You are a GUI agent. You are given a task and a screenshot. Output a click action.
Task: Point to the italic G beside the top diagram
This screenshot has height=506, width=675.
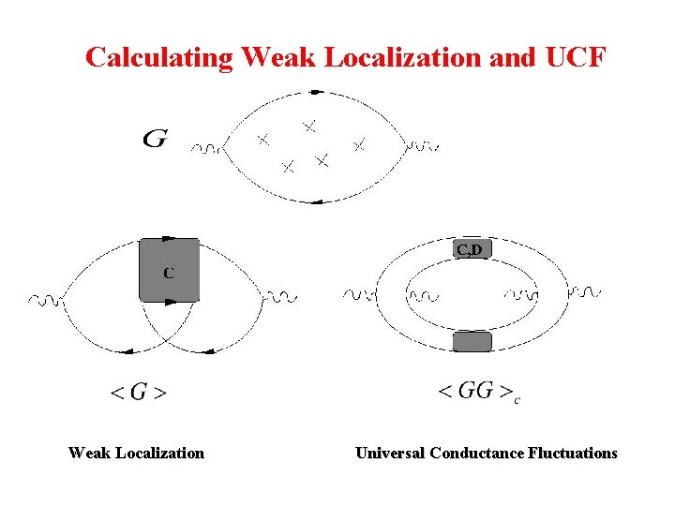click(156, 140)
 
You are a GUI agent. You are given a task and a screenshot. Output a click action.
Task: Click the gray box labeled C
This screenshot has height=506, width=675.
click(169, 270)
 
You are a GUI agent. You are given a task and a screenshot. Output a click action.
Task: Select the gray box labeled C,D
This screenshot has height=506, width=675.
click(470, 249)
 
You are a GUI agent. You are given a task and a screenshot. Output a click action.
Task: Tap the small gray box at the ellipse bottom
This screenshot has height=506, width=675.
click(472, 342)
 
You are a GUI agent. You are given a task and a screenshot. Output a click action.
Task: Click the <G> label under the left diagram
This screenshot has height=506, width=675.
click(139, 393)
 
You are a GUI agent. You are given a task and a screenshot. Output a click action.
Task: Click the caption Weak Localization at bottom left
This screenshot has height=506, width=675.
click(136, 454)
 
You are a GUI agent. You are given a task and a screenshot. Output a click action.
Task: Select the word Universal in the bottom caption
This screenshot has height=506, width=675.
click(389, 454)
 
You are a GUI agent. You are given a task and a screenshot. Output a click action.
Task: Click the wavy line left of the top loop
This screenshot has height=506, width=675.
click(208, 147)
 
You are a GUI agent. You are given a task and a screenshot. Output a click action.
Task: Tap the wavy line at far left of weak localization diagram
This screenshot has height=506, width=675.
click(45, 300)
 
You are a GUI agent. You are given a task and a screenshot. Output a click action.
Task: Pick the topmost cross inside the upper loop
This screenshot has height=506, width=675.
click(308, 125)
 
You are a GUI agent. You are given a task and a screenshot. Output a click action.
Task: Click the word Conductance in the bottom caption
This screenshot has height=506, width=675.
click(477, 454)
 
